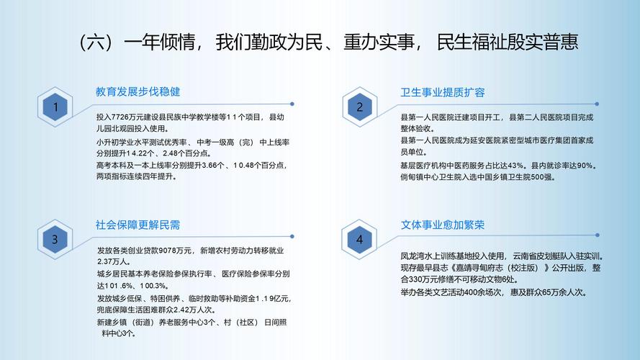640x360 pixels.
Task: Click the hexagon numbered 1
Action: (55, 108)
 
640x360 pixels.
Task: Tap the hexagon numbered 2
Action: (360, 108)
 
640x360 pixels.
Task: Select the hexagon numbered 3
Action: (55, 240)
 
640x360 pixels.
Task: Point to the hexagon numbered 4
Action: (360, 240)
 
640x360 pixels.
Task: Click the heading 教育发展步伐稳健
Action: (138, 92)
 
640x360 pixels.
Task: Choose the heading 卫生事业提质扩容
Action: (443, 92)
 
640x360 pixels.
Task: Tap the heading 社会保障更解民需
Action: (138, 225)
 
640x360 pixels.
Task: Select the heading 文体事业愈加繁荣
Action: (443, 225)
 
